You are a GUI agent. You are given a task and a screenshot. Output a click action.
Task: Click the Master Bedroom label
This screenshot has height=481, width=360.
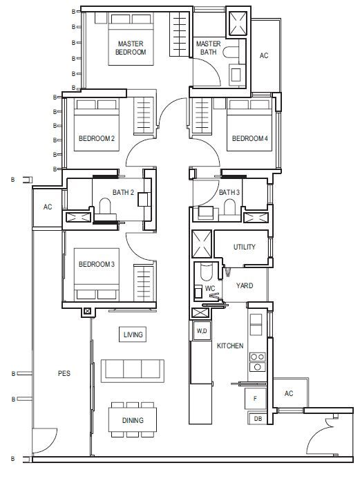(131, 48)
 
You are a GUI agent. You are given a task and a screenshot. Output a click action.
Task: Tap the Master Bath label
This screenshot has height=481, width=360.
(208, 48)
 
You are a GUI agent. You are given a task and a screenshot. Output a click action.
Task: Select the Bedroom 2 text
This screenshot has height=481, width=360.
(97, 138)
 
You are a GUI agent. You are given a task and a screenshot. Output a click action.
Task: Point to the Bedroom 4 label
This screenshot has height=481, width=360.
(250, 138)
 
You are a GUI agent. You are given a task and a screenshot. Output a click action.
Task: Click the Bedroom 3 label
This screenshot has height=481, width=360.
(97, 264)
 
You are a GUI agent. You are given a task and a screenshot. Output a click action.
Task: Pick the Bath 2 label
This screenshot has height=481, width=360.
(123, 192)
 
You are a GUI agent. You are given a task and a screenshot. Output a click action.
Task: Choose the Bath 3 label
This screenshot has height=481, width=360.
(229, 192)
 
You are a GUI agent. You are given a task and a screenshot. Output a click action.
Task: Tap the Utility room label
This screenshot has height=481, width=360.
(245, 247)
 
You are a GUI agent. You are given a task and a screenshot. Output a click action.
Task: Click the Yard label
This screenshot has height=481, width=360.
(245, 285)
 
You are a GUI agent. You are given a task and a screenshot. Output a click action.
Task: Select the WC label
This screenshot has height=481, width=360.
(210, 288)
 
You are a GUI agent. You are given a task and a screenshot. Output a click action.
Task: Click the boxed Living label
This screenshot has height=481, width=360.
(133, 334)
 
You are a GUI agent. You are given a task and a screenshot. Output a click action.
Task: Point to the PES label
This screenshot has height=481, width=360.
(64, 373)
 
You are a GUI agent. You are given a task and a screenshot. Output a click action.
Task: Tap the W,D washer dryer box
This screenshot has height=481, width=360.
(202, 330)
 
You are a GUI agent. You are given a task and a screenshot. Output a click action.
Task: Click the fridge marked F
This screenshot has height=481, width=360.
(256, 399)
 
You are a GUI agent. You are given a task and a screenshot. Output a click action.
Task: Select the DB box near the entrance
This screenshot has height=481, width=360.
(258, 418)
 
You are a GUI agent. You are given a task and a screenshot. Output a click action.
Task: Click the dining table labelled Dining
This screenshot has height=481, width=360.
(133, 420)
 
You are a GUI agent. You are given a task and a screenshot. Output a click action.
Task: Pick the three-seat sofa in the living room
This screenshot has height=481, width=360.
(133, 371)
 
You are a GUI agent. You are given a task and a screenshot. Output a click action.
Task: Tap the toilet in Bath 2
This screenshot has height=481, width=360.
(105, 205)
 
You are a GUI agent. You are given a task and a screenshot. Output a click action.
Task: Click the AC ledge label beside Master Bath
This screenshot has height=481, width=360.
(264, 55)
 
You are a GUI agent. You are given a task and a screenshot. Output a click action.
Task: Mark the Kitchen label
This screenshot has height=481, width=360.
(230, 346)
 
